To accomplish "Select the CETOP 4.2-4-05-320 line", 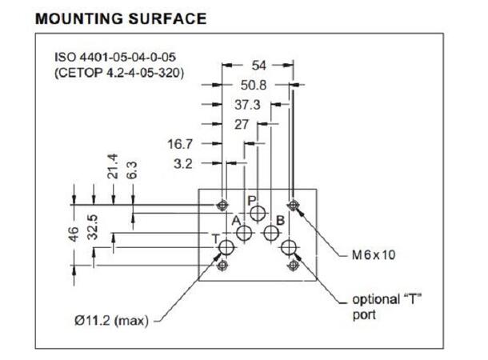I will tap(119, 74).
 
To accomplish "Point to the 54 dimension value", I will tap(258, 66).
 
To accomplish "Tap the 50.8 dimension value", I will tap(254, 85).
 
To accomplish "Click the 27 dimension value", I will tap(241, 124).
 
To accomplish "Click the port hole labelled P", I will tap(258, 213).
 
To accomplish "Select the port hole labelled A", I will tap(245, 233).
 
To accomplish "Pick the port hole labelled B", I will tap(271, 233).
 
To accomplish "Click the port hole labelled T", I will tap(226, 246).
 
